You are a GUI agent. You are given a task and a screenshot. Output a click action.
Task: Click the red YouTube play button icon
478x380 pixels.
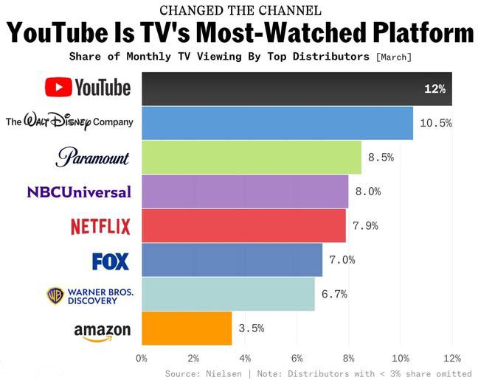click(x=58, y=88)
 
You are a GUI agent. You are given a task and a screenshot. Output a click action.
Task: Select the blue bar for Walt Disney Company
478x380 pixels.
click(x=277, y=123)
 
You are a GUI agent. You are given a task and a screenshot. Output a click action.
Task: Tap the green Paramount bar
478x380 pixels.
click(x=252, y=157)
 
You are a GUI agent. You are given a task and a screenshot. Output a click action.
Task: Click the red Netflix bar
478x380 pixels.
click(x=243, y=225)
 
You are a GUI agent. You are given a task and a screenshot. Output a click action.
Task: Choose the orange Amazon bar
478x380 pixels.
click(x=187, y=328)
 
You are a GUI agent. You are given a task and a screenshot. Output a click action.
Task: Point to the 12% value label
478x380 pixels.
click(x=434, y=89)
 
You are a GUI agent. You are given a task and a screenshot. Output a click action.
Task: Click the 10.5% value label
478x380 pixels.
click(x=435, y=123)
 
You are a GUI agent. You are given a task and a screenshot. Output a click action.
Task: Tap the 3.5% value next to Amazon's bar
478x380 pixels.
click(x=251, y=328)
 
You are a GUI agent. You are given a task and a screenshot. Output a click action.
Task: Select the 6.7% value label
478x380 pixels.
click(x=334, y=295)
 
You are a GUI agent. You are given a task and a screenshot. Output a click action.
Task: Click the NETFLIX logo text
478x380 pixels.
click(x=100, y=227)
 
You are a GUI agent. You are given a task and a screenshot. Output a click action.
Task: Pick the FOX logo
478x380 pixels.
click(x=111, y=261)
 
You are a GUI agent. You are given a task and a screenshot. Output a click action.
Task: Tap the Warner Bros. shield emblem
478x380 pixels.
click(x=55, y=295)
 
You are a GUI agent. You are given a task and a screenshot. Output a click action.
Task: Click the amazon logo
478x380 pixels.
click(x=102, y=332)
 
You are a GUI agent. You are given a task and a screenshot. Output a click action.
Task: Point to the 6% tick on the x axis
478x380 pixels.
click(x=297, y=359)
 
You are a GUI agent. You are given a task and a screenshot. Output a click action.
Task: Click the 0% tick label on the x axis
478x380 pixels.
click(x=142, y=359)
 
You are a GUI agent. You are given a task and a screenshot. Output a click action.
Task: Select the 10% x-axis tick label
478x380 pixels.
click(x=401, y=359)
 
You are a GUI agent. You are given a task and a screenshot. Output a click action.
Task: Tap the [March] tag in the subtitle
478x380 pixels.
click(x=393, y=57)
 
